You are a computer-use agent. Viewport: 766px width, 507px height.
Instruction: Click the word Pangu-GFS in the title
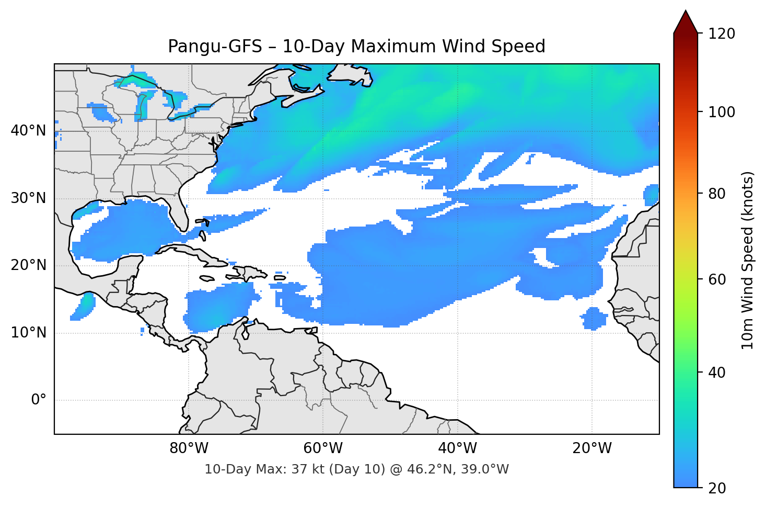pos(215,47)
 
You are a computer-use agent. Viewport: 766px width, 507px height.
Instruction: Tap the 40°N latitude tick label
pos(28,131)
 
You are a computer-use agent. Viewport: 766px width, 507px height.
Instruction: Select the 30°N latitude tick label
pos(28,198)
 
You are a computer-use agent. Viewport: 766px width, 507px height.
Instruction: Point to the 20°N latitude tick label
pos(28,265)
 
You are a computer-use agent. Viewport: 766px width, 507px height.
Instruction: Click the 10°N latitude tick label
pos(28,333)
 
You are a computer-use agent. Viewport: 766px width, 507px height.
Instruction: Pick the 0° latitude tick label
pos(38,400)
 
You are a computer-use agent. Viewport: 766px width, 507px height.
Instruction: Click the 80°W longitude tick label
pos(189,448)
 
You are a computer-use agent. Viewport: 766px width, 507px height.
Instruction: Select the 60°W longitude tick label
pos(323,448)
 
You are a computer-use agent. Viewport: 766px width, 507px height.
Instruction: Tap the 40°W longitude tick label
pos(457,448)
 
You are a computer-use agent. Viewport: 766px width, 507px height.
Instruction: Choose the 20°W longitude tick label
pos(591,448)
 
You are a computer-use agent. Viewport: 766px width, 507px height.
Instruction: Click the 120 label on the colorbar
pos(722,34)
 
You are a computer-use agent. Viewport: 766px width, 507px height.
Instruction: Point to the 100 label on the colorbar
pos(722,112)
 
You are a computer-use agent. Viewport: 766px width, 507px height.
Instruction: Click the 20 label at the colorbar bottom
pos(717,488)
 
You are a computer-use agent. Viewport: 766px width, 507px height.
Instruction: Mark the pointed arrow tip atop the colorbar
pos(686,12)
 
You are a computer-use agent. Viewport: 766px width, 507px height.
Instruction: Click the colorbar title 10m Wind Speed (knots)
pos(748,260)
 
